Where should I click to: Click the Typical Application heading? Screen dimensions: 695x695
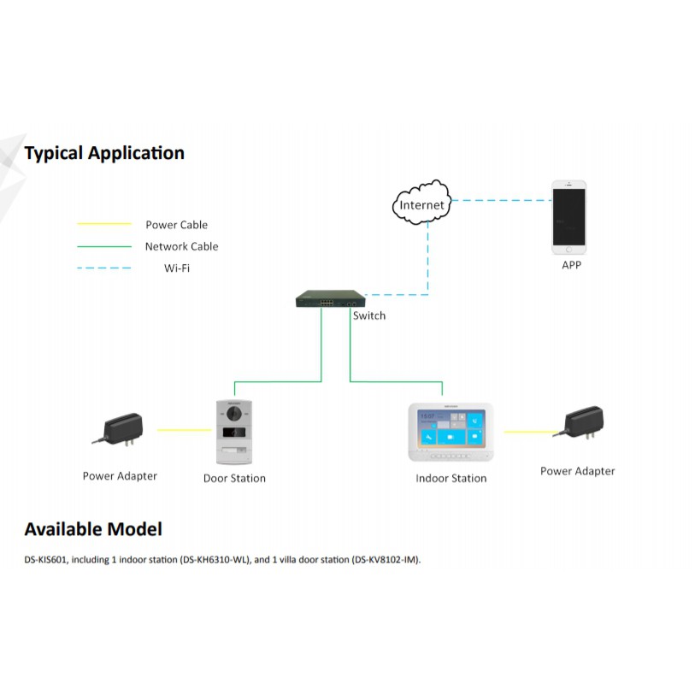coord(104,154)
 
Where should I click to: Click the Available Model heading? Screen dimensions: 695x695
coord(93,529)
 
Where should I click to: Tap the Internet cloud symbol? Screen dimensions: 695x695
coord(422,203)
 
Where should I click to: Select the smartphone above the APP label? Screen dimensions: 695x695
coord(568,217)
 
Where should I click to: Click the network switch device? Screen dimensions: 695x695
coord(329,300)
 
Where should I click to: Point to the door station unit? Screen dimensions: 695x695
coord(233,432)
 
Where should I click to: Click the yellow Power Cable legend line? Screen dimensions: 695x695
coord(104,225)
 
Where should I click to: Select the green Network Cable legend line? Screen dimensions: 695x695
coord(104,247)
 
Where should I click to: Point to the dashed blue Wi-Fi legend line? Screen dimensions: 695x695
coord(104,268)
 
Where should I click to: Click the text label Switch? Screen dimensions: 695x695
coord(369,315)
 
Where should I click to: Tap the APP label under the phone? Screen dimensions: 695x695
coord(571,266)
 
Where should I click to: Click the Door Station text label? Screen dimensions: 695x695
coord(234,478)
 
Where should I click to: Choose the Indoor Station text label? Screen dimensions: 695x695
coord(451,478)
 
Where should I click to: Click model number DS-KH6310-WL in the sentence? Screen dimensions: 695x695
coord(219,560)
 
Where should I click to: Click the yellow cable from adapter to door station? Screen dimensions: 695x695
coord(181,430)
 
